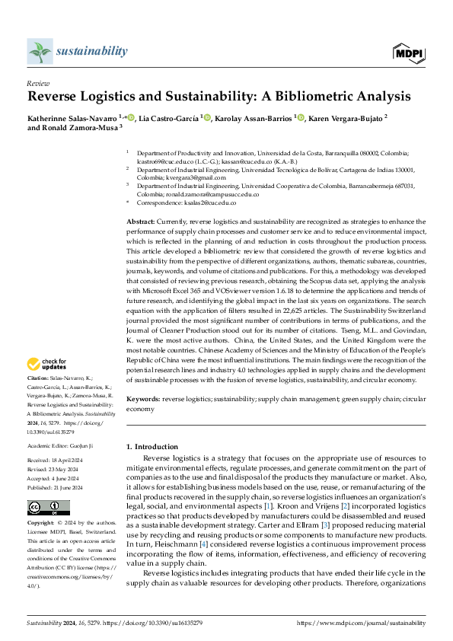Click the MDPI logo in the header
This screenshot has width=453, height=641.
coord(409,52)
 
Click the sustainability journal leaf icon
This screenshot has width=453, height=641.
coord(40,52)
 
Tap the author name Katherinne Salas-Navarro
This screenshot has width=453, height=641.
coord(72,117)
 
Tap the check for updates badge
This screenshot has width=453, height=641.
coord(48,365)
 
